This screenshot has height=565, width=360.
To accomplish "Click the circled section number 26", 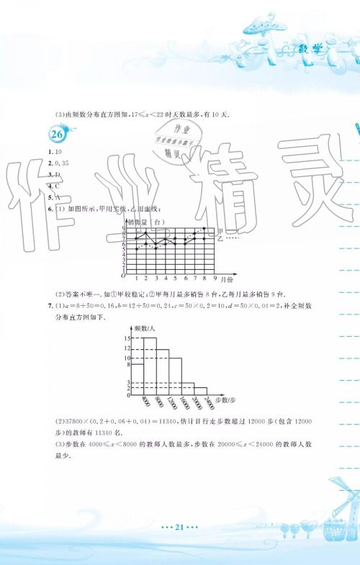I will (x=56, y=135).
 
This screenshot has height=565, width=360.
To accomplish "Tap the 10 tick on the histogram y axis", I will (x=127, y=358).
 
